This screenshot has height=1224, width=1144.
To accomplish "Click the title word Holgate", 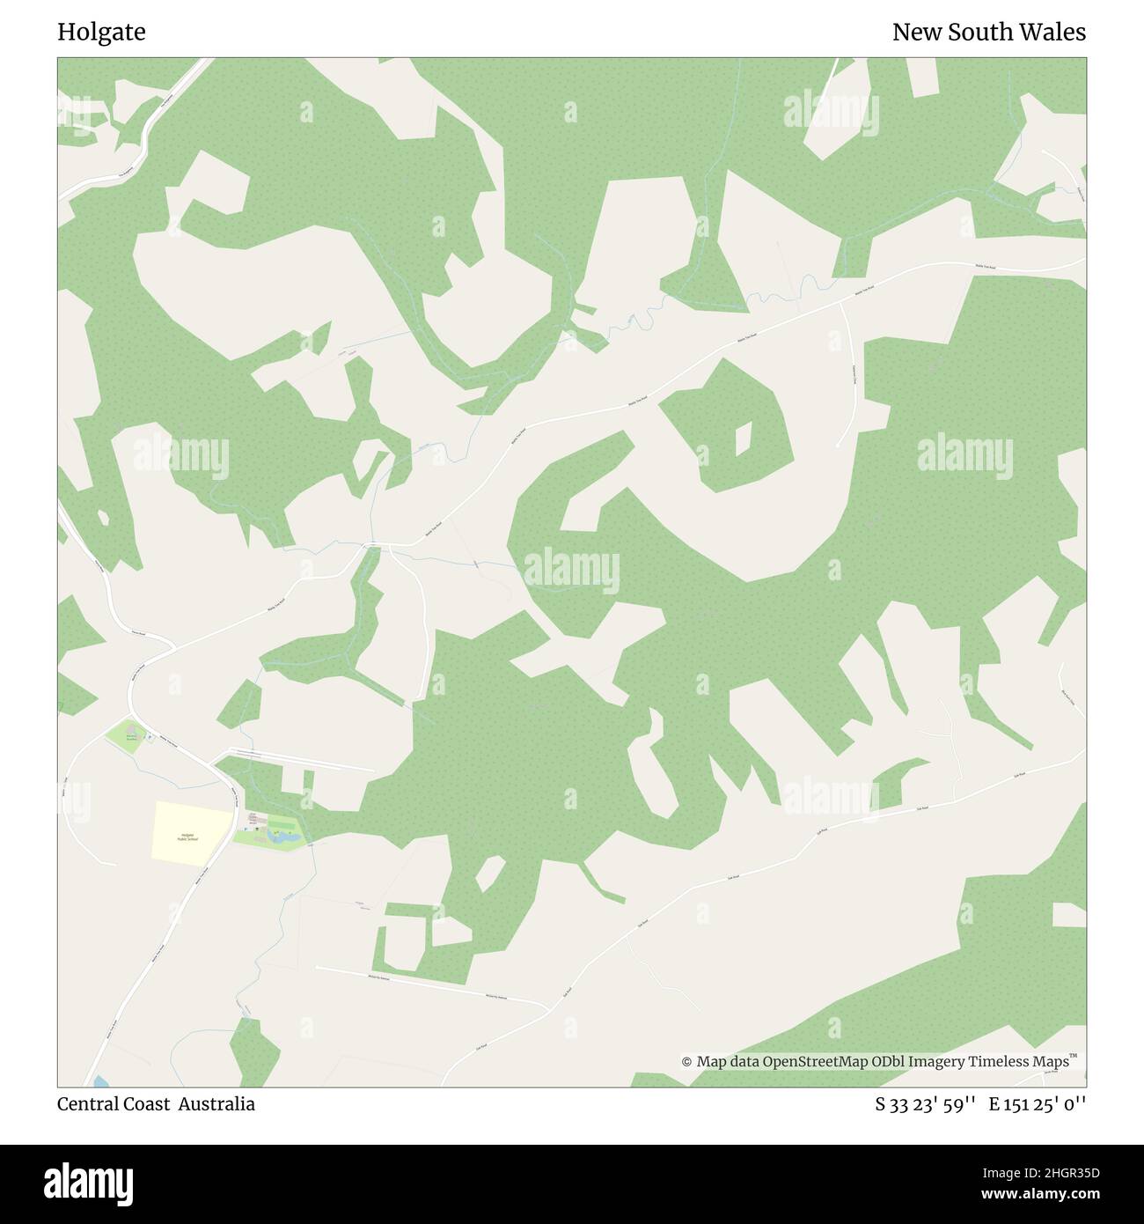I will coord(101,33).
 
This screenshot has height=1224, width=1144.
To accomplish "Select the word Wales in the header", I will coord(1054,33).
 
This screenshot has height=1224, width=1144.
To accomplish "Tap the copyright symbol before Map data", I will coord(687,1062).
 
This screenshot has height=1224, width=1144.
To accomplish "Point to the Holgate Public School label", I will coord(187,837).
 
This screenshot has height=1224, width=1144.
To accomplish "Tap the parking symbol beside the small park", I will coord(150,737).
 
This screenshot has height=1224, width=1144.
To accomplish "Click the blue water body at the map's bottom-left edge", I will coord(99,1080).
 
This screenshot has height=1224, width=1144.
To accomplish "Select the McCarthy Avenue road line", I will coord(431,984).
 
